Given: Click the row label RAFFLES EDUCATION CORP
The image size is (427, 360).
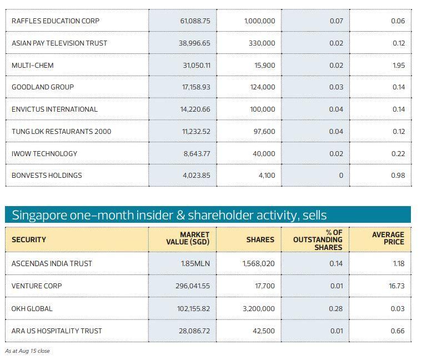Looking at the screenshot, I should coord(56,21).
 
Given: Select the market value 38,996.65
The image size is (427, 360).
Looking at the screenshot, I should coord(194,43).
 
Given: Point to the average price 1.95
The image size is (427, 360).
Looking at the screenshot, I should coord(398,66).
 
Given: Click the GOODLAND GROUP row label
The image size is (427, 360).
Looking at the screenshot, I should coord(43,87).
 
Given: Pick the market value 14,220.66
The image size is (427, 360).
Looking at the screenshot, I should coord(195,109).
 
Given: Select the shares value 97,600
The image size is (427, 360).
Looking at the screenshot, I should coord(264,132).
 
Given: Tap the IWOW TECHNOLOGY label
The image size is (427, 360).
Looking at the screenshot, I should coord(44,154).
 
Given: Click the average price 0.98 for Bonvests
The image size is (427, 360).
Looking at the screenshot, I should coord(398,176).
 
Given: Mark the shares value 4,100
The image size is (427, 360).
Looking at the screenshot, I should coord(267,176).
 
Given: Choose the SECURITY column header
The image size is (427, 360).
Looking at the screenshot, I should coord(29,240).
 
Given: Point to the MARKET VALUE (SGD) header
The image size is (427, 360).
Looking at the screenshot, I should coord(188,239).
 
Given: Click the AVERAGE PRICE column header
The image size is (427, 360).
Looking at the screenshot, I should coord(388,239).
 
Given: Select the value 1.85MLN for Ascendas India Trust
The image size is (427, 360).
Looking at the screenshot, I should coord(195,264).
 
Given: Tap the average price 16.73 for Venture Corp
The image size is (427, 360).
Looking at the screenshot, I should coord(397,286).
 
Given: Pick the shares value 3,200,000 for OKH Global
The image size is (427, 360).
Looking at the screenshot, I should coord(258,309).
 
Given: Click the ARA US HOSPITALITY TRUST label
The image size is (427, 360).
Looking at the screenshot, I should coord(57,331).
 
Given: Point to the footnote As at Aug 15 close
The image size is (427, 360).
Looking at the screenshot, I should coord(27,351).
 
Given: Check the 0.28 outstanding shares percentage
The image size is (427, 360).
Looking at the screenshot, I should coord(335,309).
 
